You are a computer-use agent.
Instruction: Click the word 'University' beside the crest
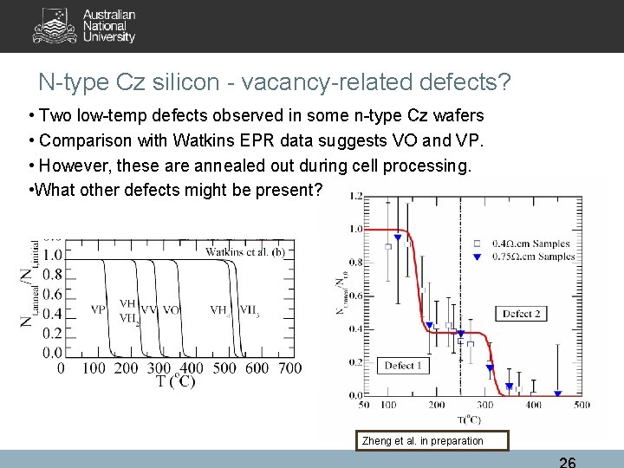(x=109, y=37)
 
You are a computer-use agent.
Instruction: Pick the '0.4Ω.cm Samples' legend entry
(x=531, y=243)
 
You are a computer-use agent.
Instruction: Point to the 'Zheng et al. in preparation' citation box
(x=423, y=441)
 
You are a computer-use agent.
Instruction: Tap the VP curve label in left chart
(x=98, y=309)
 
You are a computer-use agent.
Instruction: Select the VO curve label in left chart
(x=171, y=309)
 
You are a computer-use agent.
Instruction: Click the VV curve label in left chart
(x=148, y=309)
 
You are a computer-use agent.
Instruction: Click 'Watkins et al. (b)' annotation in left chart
(x=245, y=252)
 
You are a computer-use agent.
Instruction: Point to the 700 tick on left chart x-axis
(x=290, y=368)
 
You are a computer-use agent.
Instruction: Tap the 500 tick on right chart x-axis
(x=582, y=406)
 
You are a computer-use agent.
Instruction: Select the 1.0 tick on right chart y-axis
(x=355, y=230)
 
